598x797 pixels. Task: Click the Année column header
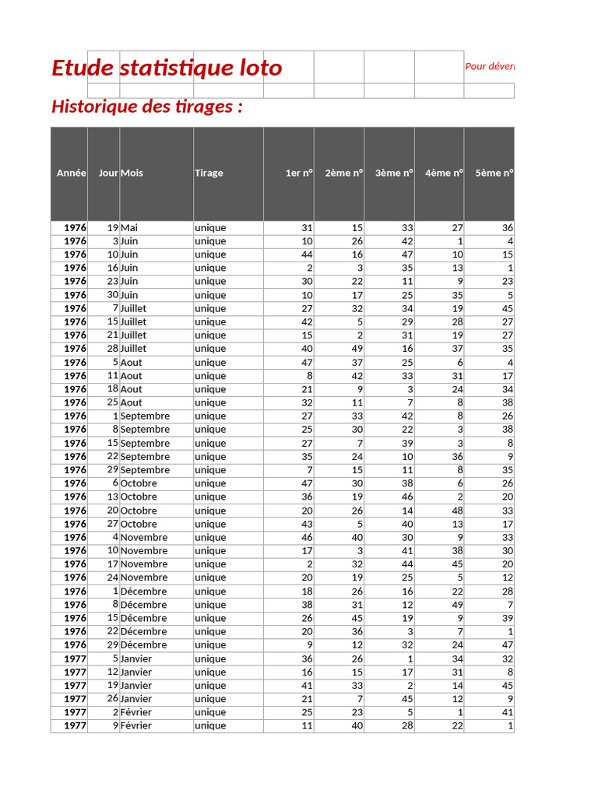pyautogui.click(x=71, y=174)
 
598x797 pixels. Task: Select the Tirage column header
pyautogui.click(x=209, y=174)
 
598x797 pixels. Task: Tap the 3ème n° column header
pyautogui.click(x=393, y=174)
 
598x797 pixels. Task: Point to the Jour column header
pyautogui.click(x=108, y=174)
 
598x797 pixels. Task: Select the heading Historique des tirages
pyautogui.click(x=147, y=107)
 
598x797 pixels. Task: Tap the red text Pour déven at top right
pyautogui.click(x=489, y=67)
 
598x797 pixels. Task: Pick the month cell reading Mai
pyautogui.click(x=129, y=228)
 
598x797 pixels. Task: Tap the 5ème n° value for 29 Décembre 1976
pyautogui.click(x=507, y=645)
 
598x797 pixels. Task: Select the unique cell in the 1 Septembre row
pyautogui.click(x=210, y=416)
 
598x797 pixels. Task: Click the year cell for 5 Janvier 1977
pyautogui.click(x=75, y=658)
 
